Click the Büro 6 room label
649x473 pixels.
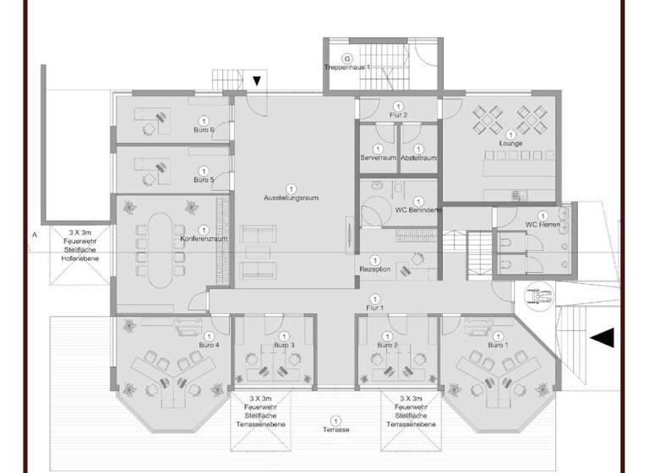click(203, 130)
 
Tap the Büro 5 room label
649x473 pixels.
click(203, 180)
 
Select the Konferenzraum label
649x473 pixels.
click(203, 240)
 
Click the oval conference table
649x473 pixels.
click(161, 243)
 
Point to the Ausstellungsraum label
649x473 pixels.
click(291, 197)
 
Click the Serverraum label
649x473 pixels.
click(377, 158)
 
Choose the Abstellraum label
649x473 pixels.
click(417, 158)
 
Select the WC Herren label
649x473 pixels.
click(542, 224)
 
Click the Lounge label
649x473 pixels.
click(510, 144)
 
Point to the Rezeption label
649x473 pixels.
click(374, 269)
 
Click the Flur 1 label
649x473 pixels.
click(374, 307)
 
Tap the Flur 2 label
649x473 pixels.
click(399, 114)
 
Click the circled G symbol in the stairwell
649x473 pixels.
click(335, 58)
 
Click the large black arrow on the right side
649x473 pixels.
click(601, 338)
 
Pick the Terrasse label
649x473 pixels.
click(335, 430)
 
